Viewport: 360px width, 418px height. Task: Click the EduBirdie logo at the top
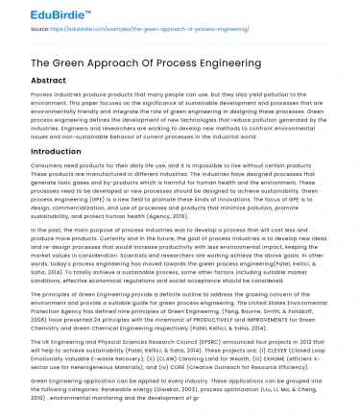coord(40,12)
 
